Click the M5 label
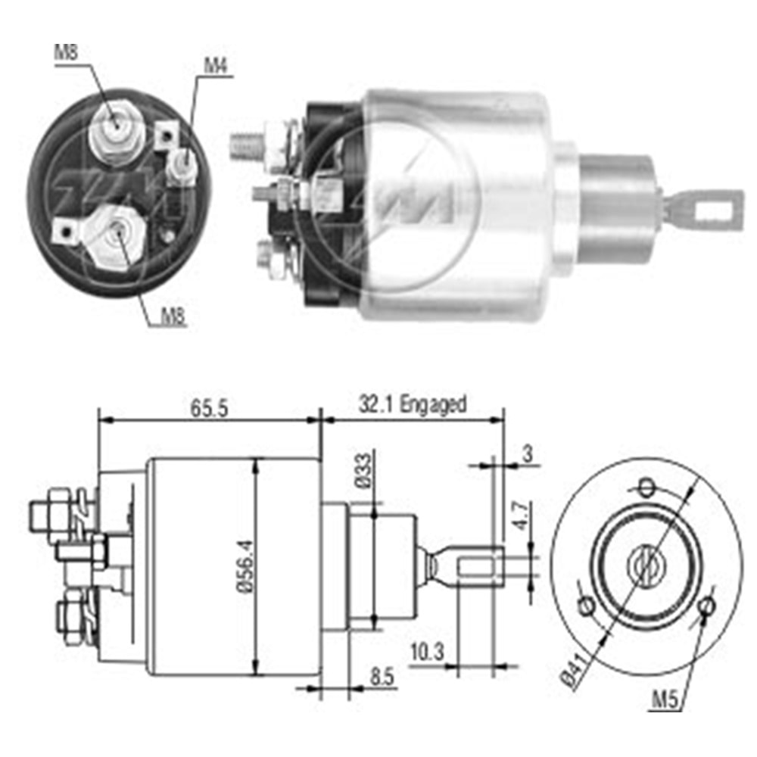point(663,699)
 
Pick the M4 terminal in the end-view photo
point(181,163)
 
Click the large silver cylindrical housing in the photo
point(454,204)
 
